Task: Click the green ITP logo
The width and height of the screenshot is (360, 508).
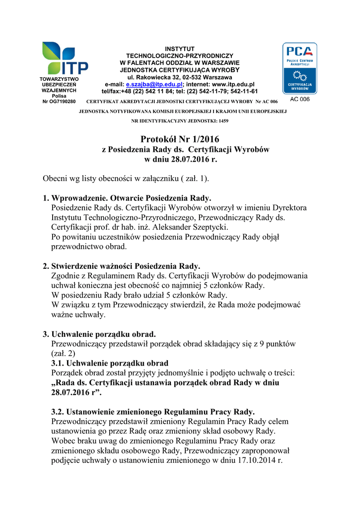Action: (65, 58)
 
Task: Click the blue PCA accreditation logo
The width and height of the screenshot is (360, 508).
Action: (299, 68)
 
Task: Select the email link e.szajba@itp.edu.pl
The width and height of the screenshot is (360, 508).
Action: (147, 85)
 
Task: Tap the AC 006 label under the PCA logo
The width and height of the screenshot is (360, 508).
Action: (299, 100)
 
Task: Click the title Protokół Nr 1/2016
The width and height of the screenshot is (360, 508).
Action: (179, 140)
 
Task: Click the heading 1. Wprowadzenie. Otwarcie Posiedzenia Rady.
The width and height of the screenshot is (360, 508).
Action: (127, 198)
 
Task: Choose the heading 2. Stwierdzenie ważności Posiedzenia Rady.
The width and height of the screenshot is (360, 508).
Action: (122, 266)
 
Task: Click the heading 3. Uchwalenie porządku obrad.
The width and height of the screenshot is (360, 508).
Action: (99, 334)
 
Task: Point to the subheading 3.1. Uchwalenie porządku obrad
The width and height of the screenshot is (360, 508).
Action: (110, 363)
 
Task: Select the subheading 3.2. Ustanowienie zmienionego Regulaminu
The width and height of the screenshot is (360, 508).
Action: (153, 412)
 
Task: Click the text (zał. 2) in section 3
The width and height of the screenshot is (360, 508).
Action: (64, 354)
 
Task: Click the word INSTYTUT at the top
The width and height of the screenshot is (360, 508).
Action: (180, 49)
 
